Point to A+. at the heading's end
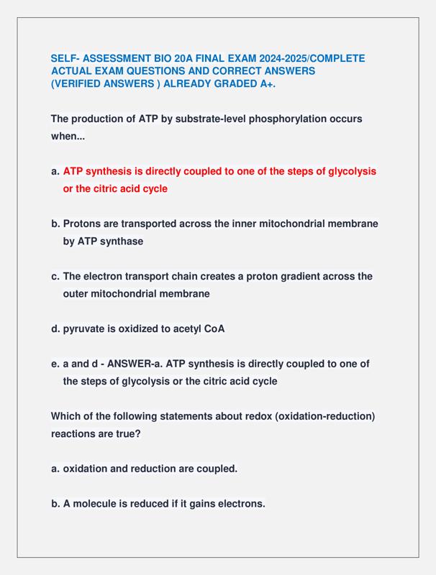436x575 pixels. click(265, 84)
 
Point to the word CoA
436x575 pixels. click(214, 329)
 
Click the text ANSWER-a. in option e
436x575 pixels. click(134, 364)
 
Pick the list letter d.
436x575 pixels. click(55, 329)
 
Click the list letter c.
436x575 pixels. click(55, 276)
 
